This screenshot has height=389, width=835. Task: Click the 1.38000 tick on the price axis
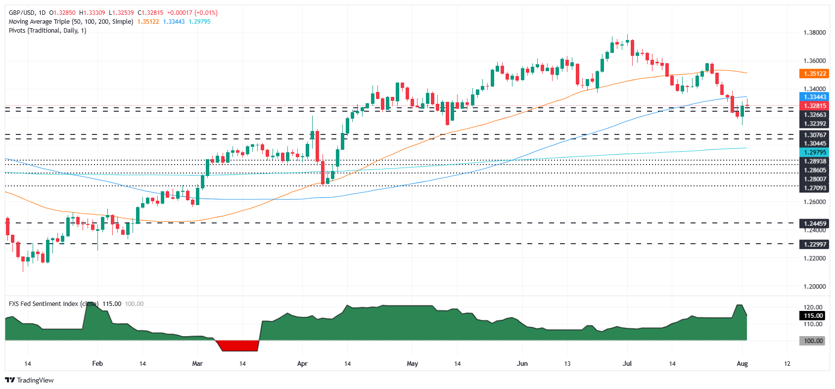(x=814, y=33)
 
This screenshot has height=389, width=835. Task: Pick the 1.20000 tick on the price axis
(x=814, y=286)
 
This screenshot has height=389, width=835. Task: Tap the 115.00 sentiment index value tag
(x=813, y=315)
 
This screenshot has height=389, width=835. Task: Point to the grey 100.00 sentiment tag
(x=813, y=341)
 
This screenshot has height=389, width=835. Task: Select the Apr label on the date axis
(x=302, y=363)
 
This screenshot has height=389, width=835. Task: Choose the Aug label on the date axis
(x=742, y=363)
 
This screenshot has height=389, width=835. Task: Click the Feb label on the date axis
(x=97, y=363)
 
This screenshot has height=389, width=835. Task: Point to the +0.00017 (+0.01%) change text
(x=192, y=13)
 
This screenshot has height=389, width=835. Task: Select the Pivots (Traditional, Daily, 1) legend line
(x=47, y=31)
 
